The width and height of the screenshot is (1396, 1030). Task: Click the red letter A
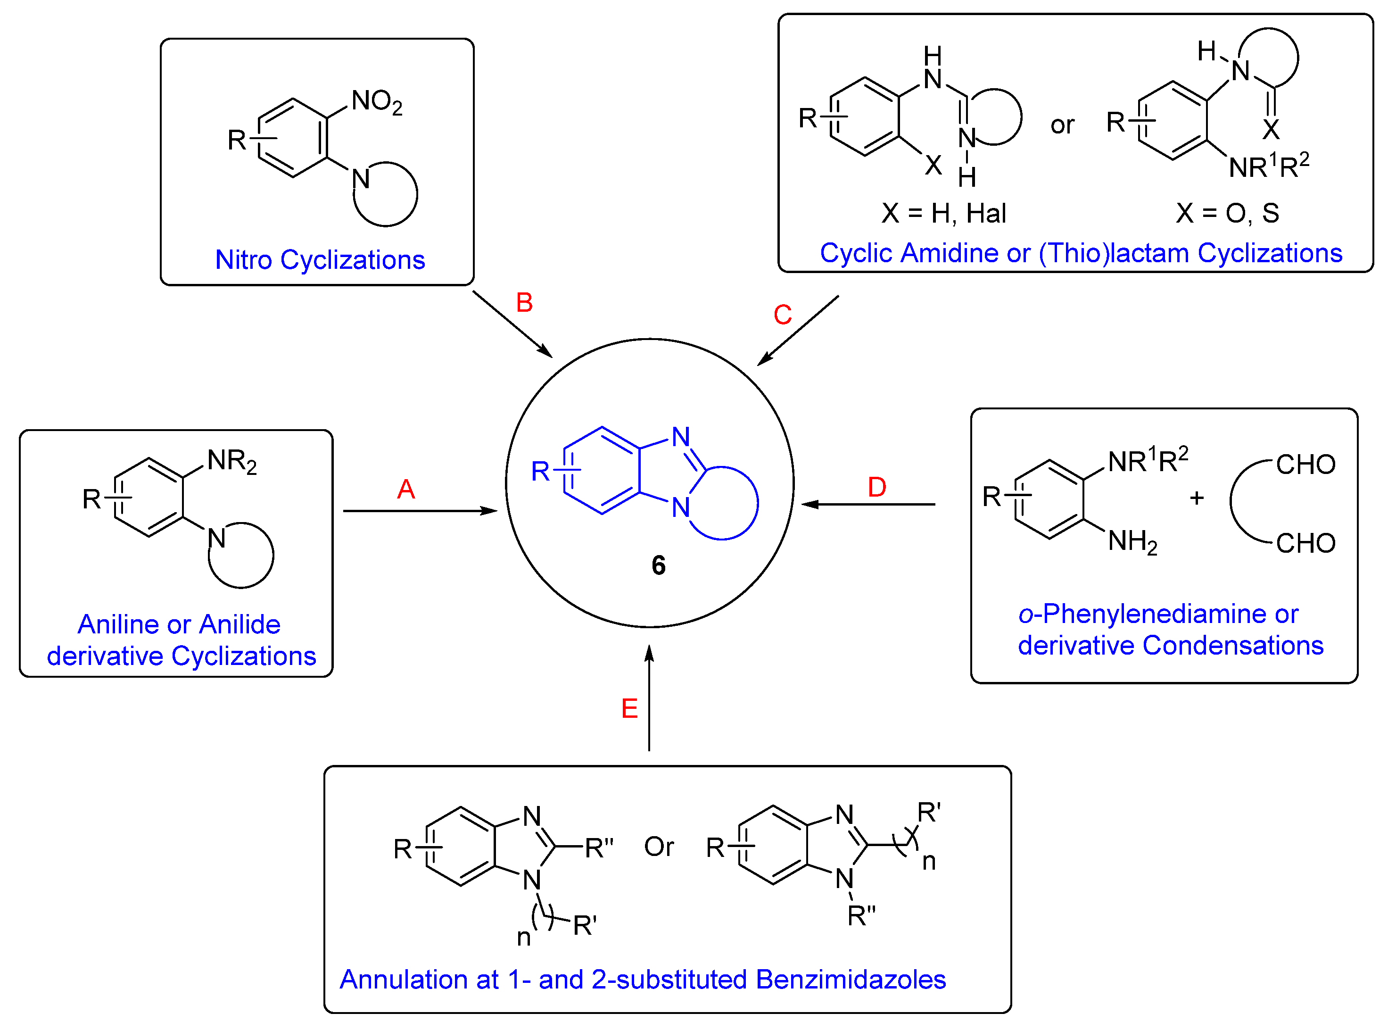coord(406,490)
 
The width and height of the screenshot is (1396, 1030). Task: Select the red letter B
coord(524,303)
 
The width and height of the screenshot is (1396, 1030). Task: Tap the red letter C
coord(782,315)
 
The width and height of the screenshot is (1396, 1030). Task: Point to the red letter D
coord(877,488)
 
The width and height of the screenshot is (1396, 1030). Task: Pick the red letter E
coord(629,709)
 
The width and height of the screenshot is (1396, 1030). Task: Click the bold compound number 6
coord(658,566)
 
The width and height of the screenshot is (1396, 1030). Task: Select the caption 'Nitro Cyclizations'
coord(320,260)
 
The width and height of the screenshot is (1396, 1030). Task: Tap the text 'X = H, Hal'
coord(943,214)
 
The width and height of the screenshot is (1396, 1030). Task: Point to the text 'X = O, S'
coord(1227,214)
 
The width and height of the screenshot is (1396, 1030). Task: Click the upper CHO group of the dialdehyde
coord(1305,465)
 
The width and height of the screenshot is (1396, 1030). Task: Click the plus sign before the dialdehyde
coord(1197,498)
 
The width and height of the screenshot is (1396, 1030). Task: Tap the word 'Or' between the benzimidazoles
coord(659,847)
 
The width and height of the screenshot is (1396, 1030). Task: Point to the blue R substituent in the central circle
coord(540,472)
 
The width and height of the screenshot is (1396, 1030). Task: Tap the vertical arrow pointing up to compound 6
coord(649,698)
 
